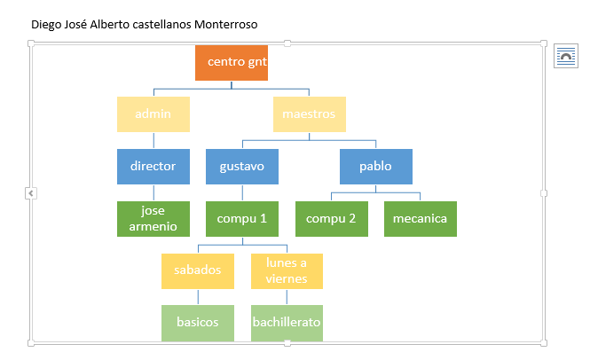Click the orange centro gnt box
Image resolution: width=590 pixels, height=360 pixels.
(232, 63)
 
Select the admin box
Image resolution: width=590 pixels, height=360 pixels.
(153, 114)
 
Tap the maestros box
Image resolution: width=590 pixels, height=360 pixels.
(310, 114)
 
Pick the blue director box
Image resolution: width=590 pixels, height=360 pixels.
(153, 167)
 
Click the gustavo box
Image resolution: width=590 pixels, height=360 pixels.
(242, 167)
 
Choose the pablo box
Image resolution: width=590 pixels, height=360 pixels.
(376, 167)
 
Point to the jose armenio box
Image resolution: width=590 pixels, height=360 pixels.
(153, 219)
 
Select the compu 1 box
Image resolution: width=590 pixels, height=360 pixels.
(242, 219)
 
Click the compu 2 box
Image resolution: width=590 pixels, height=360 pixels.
(332, 219)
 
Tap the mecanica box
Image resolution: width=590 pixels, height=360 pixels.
(421, 219)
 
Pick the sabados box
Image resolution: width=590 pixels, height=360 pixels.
(198, 271)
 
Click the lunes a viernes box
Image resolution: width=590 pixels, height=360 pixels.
(287, 271)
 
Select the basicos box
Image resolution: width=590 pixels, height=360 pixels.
(198, 323)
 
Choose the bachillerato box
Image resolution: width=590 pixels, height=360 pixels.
(287, 323)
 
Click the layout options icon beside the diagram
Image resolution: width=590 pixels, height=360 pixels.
(566, 56)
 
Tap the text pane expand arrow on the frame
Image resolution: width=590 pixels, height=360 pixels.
(31, 193)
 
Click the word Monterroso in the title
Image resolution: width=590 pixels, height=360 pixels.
(225, 25)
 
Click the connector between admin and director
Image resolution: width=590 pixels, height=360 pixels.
(153, 141)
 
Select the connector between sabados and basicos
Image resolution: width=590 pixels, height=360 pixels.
(198, 297)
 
